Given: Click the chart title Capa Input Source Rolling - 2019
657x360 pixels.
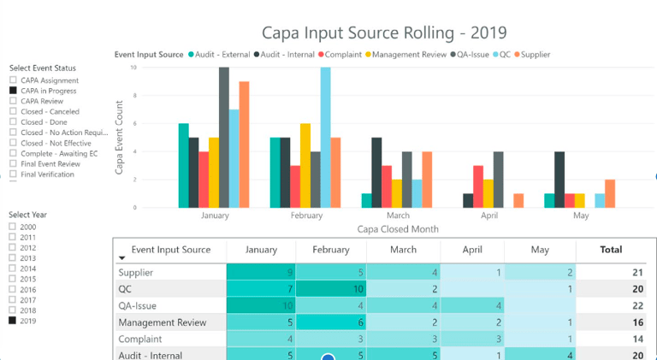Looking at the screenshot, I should point(384,32).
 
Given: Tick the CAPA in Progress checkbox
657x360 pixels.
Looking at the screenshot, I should point(13,91).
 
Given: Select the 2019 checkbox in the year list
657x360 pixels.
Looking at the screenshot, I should point(13,321).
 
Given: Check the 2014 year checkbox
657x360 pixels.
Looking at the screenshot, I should point(13,269).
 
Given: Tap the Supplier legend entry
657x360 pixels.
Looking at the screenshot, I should point(531,55).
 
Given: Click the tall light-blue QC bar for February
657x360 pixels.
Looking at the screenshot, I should point(325,137).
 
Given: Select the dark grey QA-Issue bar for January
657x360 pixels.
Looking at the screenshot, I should point(224,137).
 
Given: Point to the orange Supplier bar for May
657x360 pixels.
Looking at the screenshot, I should point(609,193).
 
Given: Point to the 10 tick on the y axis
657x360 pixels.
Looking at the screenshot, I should point(133,68).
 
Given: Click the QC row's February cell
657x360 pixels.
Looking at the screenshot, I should point(331,289).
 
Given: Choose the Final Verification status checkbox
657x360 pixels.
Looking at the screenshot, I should point(13,174).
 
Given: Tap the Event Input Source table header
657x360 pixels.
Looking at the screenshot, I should point(171,250).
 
